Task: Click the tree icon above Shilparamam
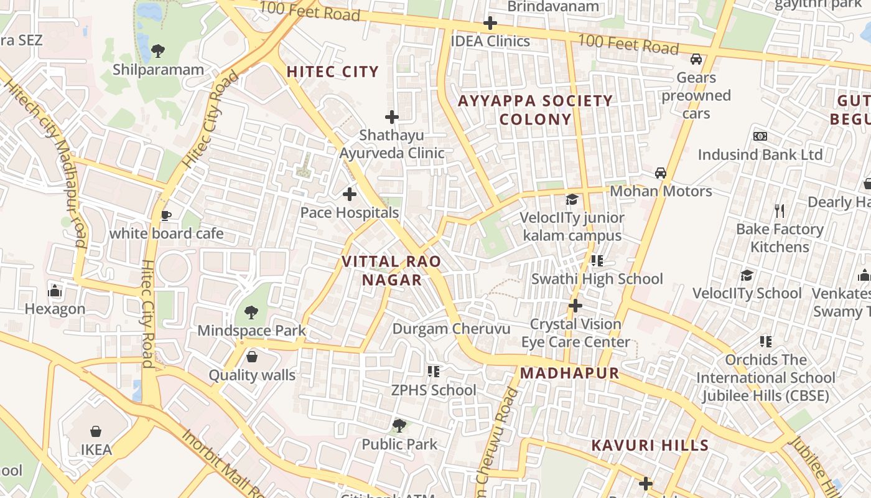click(x=158, y=50)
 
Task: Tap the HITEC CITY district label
click(x=332, y=72)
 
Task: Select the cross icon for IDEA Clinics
click(x=490, y=24)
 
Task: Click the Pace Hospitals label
click(x=349, y=213)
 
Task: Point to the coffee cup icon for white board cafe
click(x=166, y=215)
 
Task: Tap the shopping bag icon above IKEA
click(x=96, y=431)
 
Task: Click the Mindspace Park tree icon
click(x=251, y=312)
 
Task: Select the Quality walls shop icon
click(x=252, y=357)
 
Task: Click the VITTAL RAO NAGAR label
click(x=391, y=271)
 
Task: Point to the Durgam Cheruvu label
click(x=451, y=329)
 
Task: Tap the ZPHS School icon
click(x=434, y=372)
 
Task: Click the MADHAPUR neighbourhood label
click(x=570, y=374)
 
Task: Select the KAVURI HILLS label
click(x=650, y=445)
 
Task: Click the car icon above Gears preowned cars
click(x=696, y=59)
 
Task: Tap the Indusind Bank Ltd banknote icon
click(x=760, y=136)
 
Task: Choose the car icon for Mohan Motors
click(x=660, y=172)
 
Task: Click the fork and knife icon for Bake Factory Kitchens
click(x=779, y=211)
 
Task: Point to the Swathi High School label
click(x=597, y=279)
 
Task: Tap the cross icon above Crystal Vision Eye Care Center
click(x=575, y=306)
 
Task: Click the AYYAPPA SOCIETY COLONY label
click(x=535, y=110)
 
